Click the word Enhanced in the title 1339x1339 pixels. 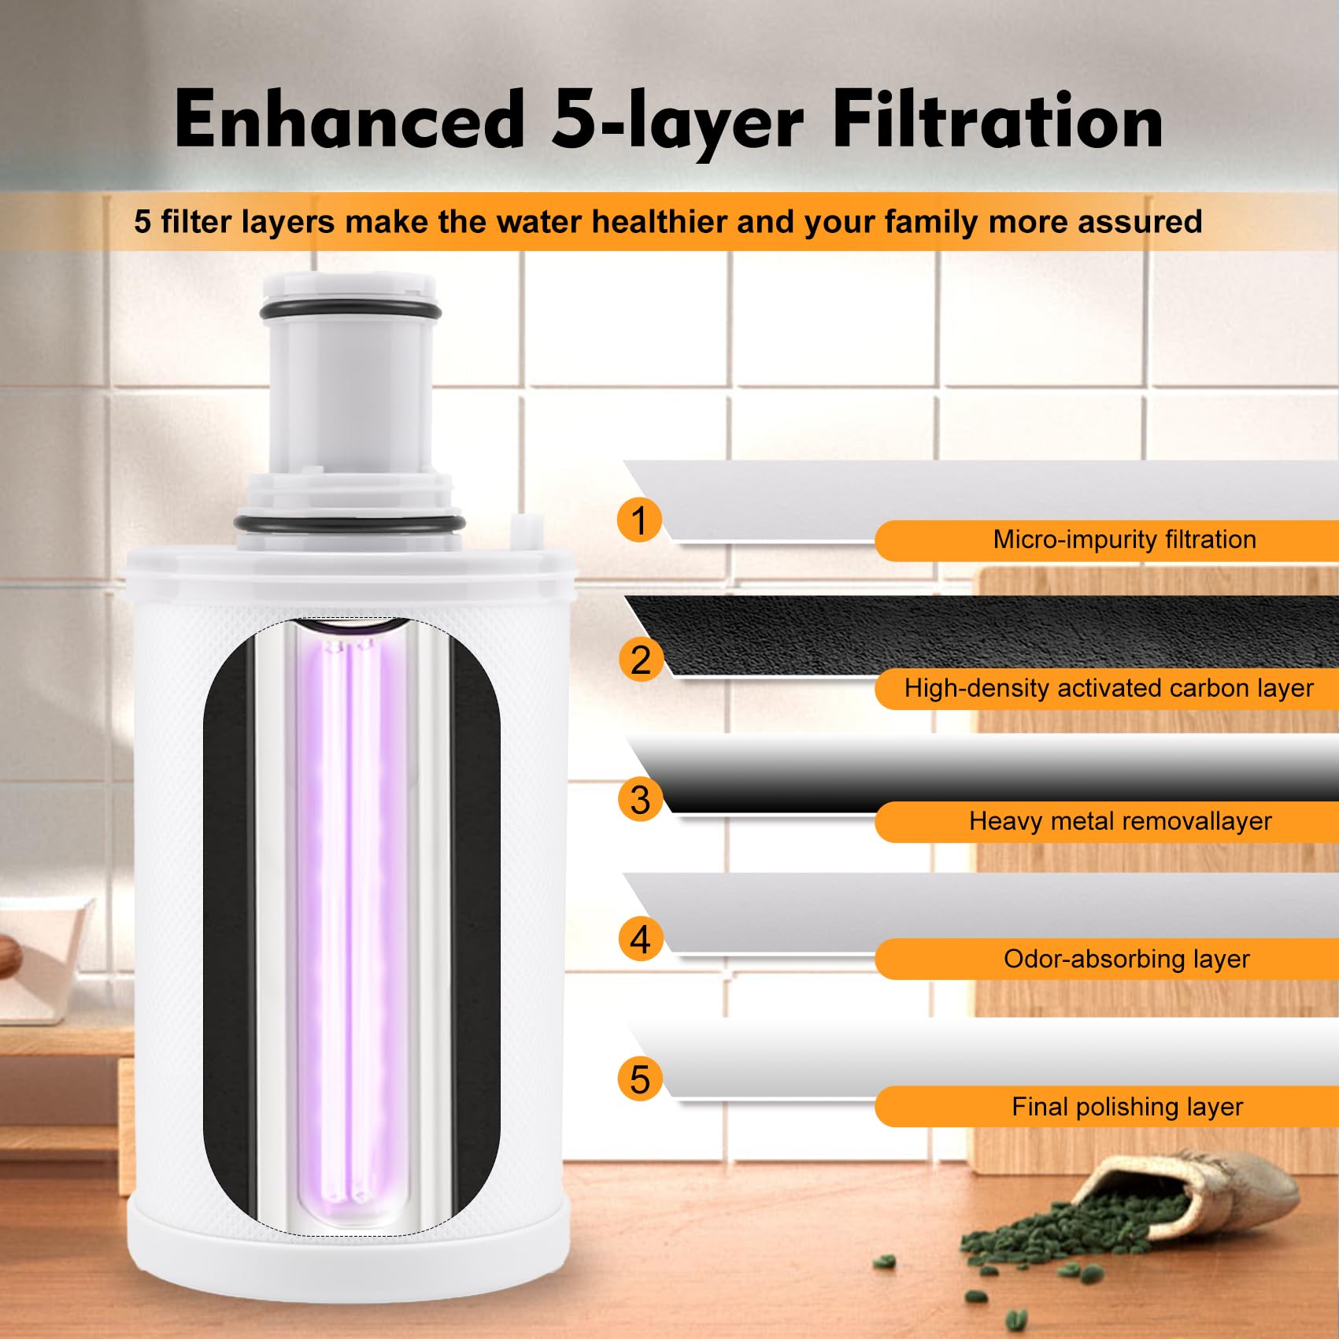click(350, 120)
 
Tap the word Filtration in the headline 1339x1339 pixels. click(997, 120)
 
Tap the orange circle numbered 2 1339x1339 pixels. click(640, 660)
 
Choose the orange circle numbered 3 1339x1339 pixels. click(640, 800)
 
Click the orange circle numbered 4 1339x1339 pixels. click(640, 940)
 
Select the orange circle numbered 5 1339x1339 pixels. click(640, 1079)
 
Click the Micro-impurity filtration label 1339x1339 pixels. click(1124, 540)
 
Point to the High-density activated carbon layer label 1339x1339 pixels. click(1108, 689)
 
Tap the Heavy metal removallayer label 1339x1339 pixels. click(1119, 822)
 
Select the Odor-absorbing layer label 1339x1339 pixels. click(1126, 960)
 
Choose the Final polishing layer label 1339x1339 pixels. click(1127, 1108)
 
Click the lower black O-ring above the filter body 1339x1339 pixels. click(350, 523)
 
